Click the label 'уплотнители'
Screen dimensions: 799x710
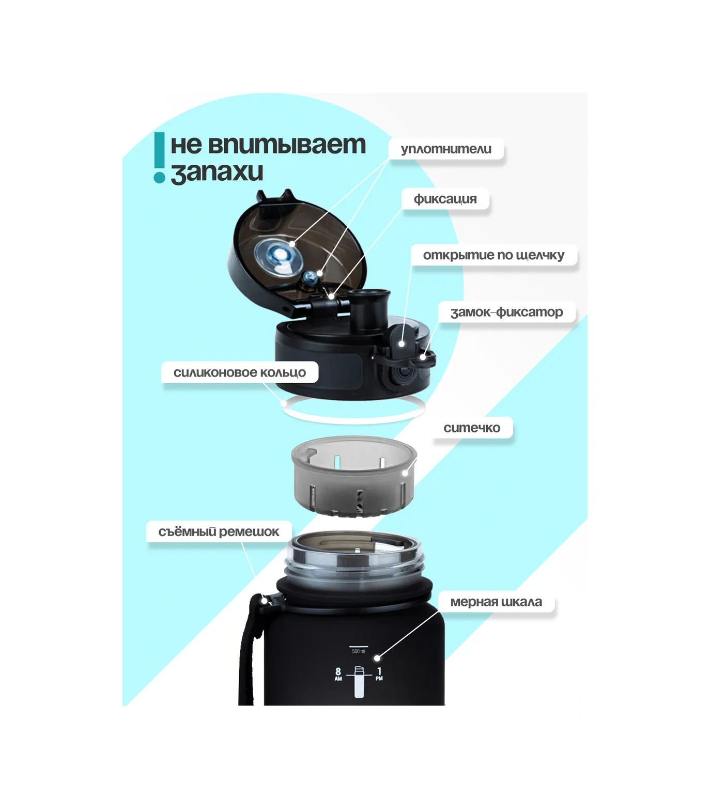(446, 149)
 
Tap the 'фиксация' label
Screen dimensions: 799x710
(445, 199)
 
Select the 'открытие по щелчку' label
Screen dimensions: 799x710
(493, 255)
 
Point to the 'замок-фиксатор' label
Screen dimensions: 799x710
(506, 312)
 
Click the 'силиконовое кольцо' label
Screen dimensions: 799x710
(239, 372)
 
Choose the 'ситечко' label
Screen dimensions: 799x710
(472, 428)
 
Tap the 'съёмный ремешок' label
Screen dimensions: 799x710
(219, 531)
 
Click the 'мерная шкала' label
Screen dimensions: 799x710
(496, 602)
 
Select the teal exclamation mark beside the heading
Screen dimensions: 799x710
(159, 158)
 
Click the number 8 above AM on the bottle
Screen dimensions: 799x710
(338, 671)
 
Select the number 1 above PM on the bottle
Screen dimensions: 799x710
(379, 671)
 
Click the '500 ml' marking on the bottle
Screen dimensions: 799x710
(359, 651)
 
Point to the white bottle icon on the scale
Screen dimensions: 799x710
(359, 682)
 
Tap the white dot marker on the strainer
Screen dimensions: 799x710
(406, 472)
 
